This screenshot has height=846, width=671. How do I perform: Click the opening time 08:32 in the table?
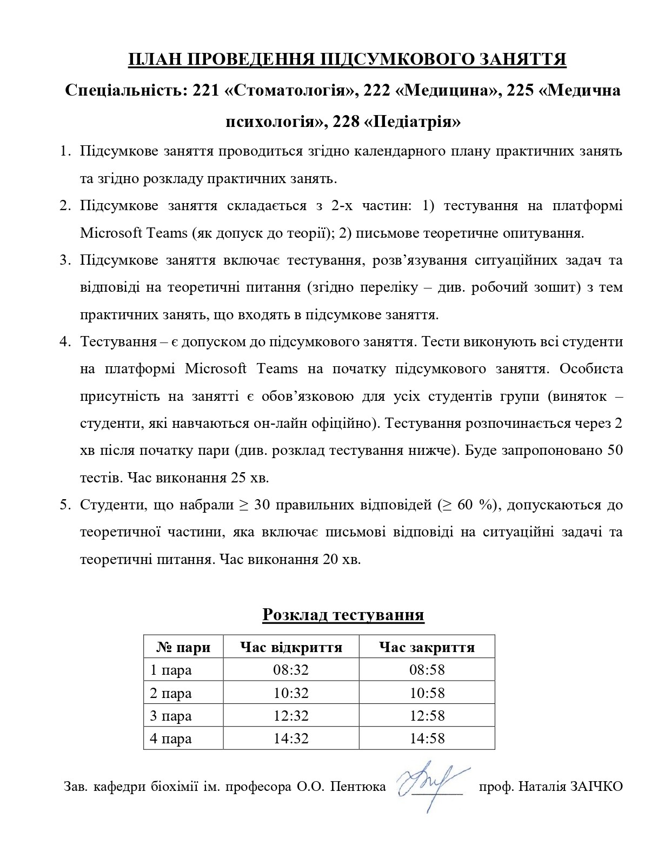pos(291,670)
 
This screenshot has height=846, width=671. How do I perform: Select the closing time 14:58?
pos(427,738)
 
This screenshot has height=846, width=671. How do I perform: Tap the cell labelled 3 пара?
pos(171,716)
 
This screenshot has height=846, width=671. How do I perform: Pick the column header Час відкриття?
pos(291,647)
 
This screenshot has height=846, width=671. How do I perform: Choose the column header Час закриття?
pos(427,647)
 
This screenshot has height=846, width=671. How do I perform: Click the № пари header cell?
pos(183,647)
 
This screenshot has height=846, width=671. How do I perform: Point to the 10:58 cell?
pos(427,693)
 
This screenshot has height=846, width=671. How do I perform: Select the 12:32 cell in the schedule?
pos(291,716)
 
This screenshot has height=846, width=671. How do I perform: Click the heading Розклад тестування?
pos(343,615)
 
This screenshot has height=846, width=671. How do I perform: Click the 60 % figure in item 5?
pos(476,505)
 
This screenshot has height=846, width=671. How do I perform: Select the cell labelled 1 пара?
pos(171,670)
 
